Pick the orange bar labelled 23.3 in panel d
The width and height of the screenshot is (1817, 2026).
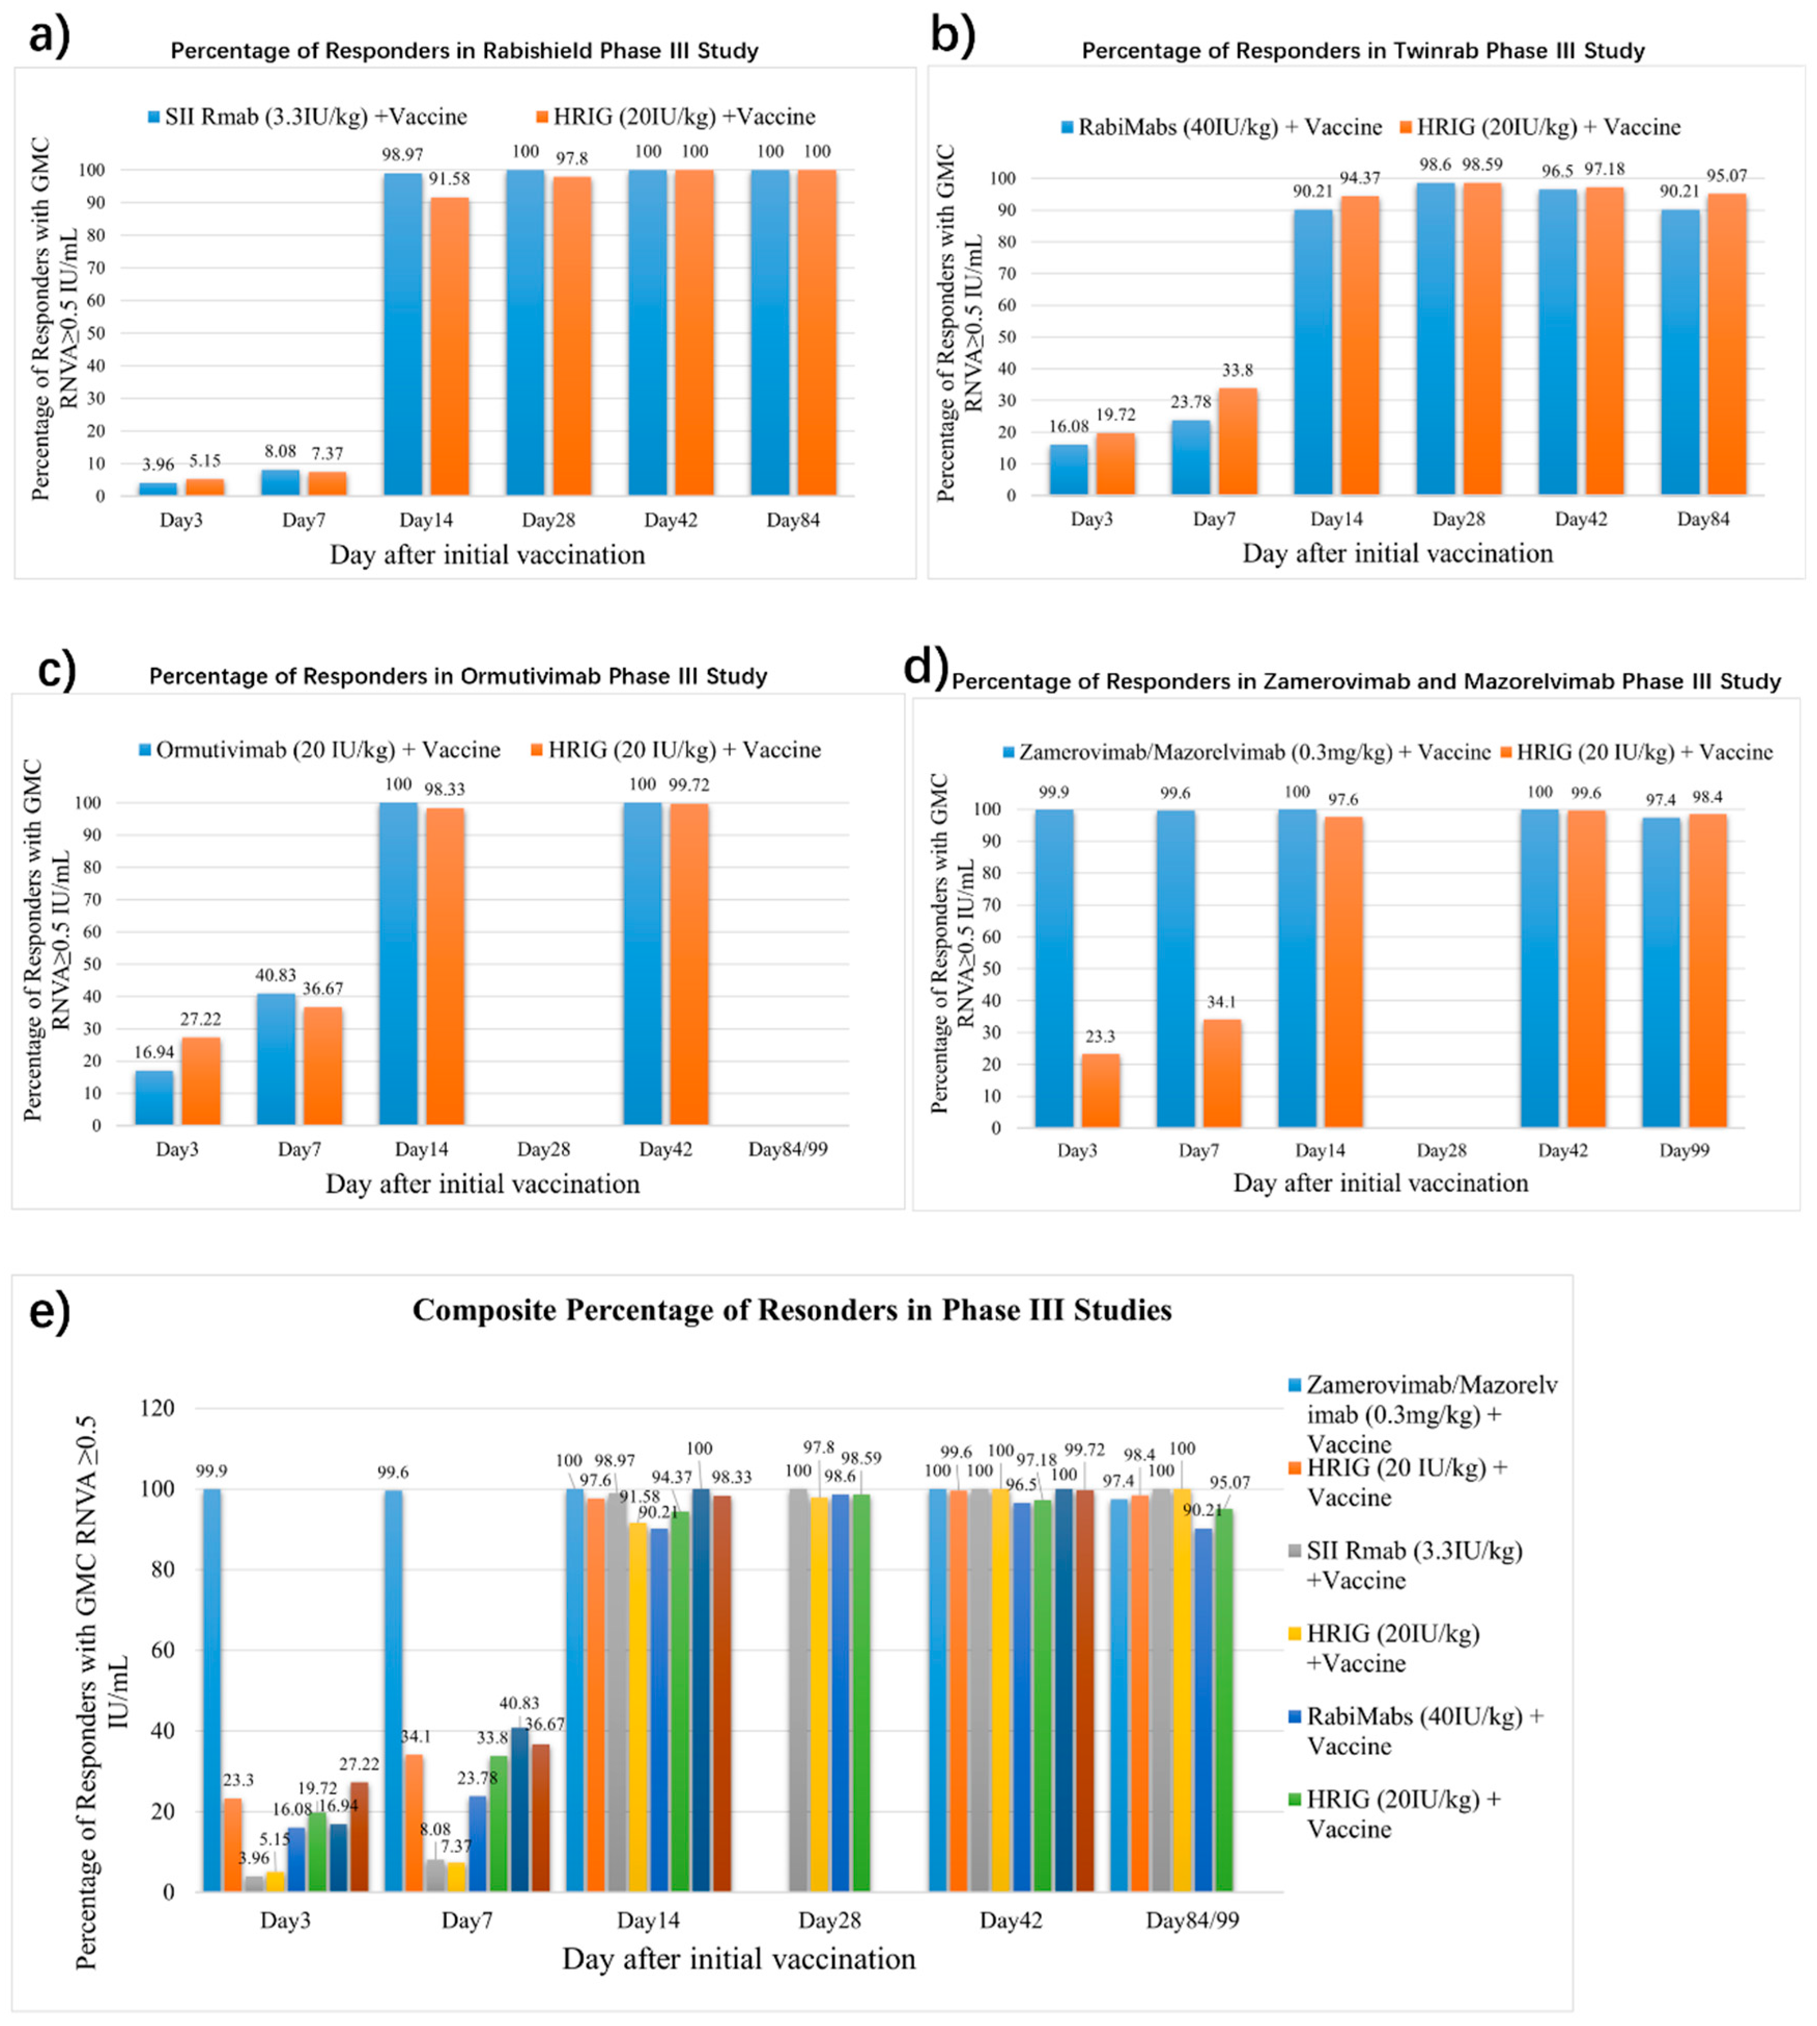coord(1100,1090)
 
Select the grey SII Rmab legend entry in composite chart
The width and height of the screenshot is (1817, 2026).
coord(1414,1565)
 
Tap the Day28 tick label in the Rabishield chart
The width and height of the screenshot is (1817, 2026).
coord(548,520)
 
